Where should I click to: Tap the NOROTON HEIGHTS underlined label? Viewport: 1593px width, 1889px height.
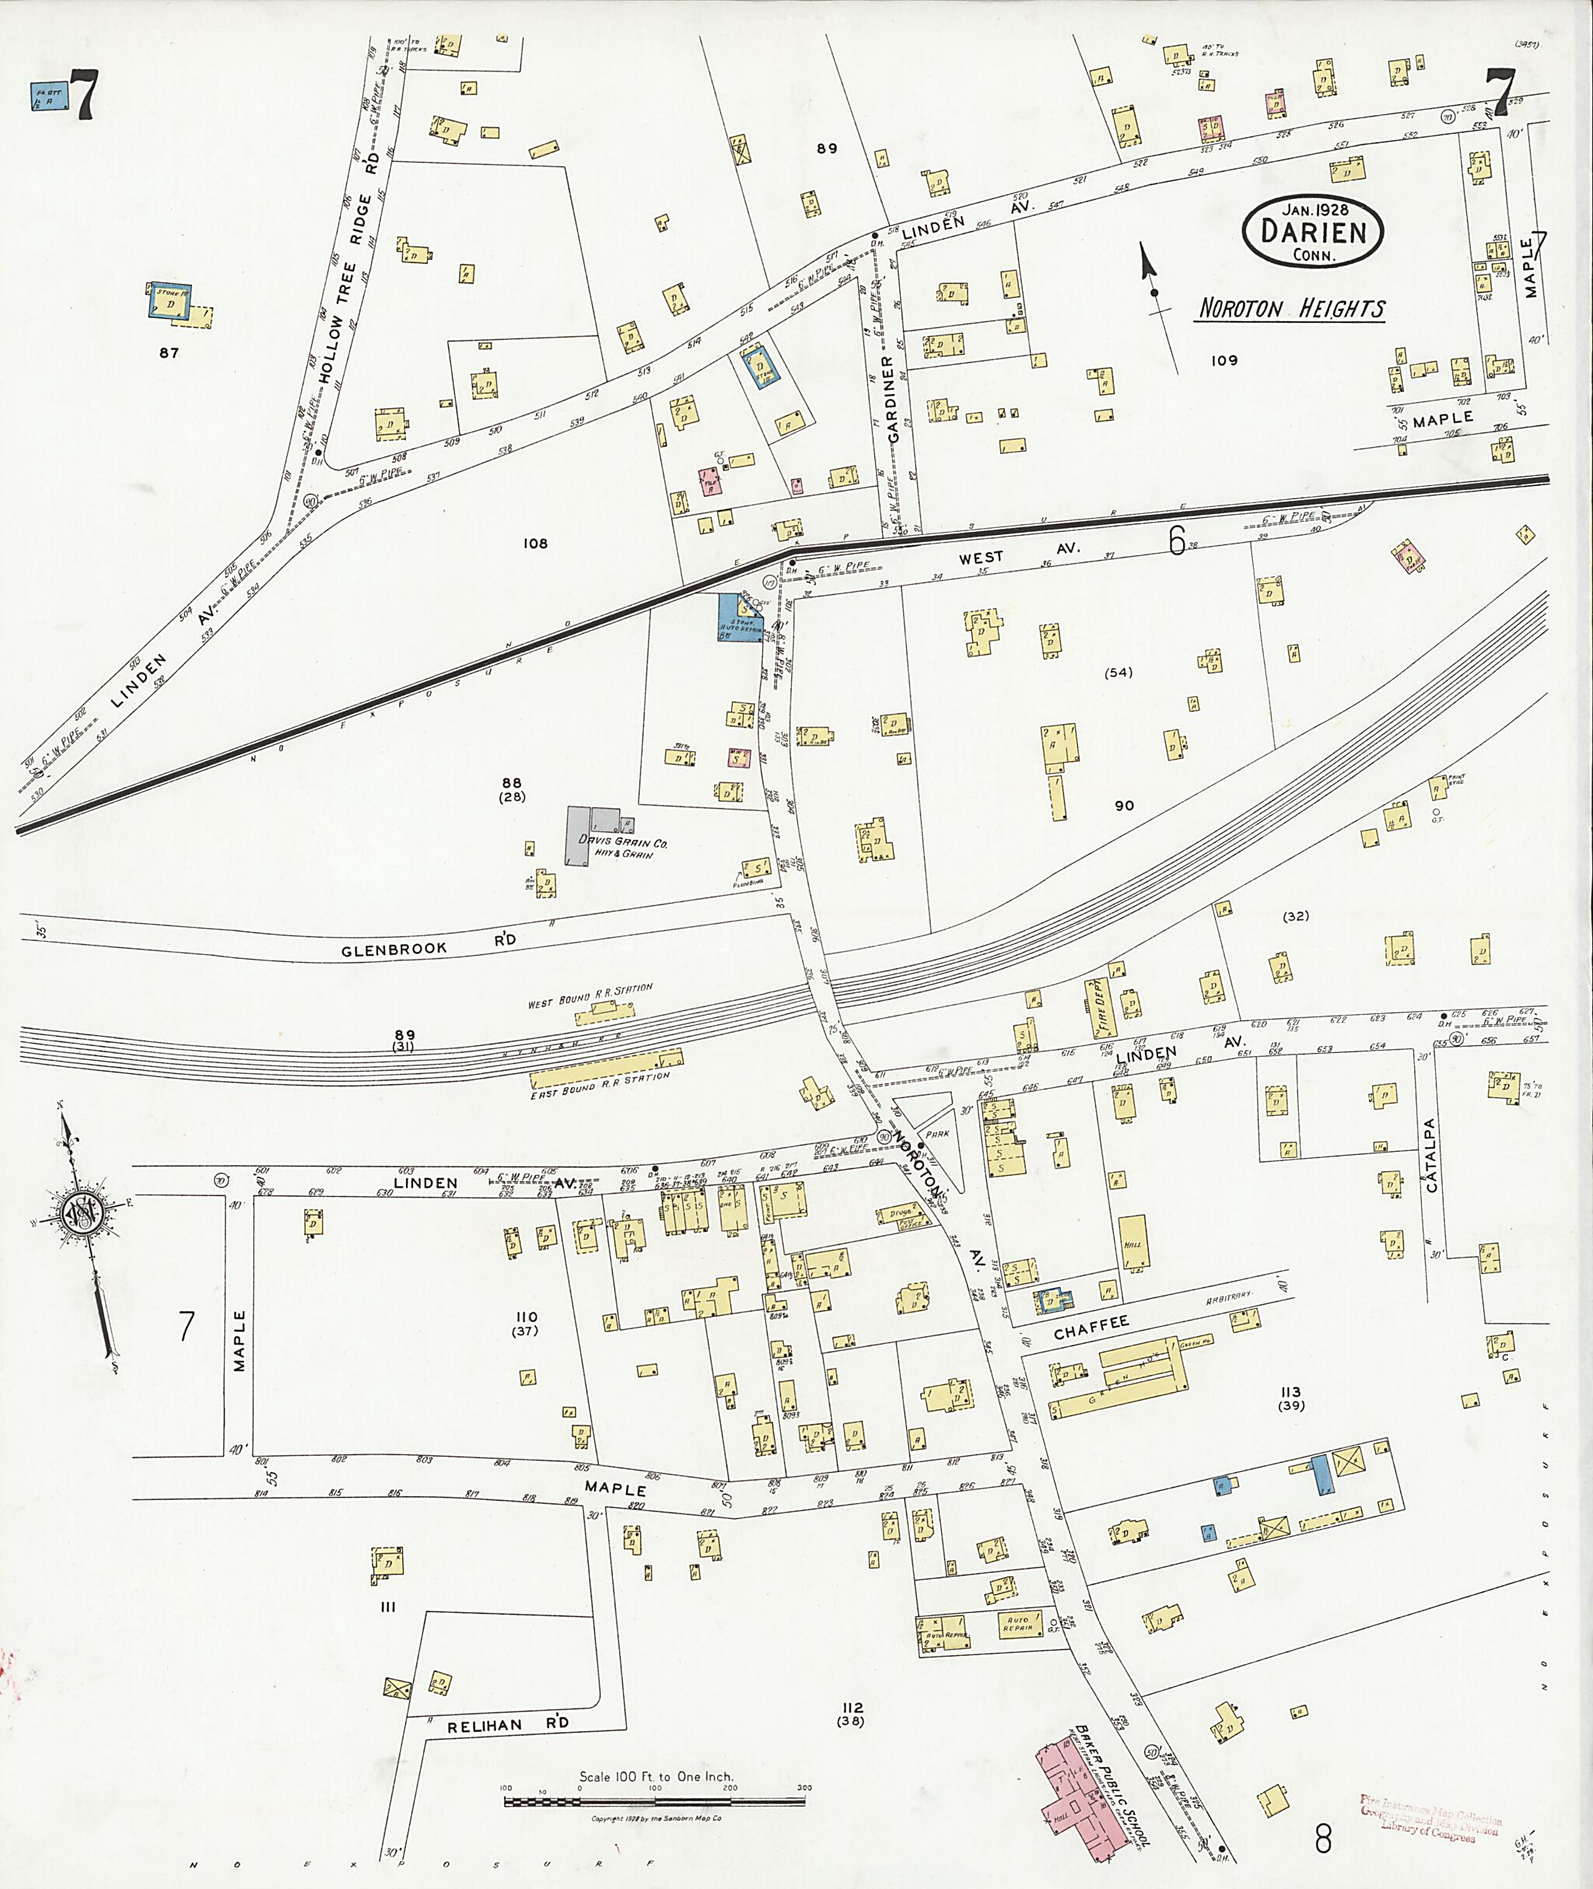tap(1290, 310)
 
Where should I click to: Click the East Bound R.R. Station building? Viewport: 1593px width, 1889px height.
tap(605, 1071)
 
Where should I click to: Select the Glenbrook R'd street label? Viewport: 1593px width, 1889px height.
tap(429, 944)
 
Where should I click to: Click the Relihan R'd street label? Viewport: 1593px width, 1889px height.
tap(509, 1725)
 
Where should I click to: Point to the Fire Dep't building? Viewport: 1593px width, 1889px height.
tap(1101, 1007)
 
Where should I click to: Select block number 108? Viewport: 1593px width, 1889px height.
tap(535, 544)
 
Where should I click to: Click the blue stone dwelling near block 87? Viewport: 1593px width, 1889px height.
tap(169, 303)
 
